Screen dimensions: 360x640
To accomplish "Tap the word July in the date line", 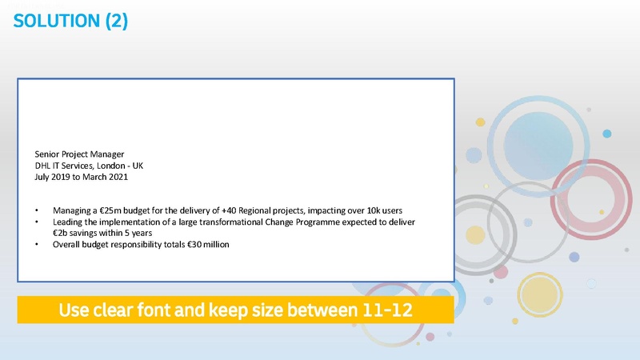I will (x=43, y=177).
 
